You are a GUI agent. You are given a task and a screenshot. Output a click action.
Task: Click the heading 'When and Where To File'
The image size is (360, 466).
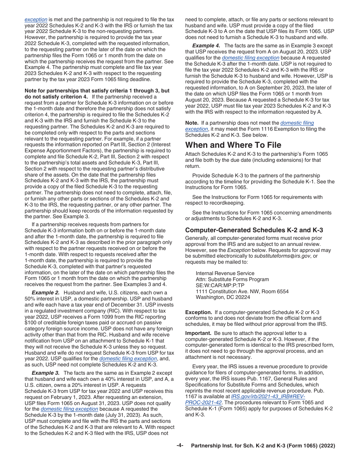point(233,145)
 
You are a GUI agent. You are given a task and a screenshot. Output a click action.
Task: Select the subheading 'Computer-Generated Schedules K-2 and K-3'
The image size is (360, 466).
point(254,230)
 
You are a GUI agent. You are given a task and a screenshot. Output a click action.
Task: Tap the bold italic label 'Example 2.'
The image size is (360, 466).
point(45,292)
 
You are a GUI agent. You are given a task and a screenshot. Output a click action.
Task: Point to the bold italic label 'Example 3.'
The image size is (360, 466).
point(45,373)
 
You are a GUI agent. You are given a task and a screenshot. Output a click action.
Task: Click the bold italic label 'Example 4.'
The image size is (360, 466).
point(206,45)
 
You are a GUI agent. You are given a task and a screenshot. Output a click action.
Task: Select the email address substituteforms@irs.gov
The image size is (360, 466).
point(280,256)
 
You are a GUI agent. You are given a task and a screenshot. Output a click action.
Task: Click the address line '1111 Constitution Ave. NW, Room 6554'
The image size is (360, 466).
point(242,291)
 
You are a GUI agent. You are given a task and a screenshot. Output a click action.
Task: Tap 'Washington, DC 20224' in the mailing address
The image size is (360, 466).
point(223,297)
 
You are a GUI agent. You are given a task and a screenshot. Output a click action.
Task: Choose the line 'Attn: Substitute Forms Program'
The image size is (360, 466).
point(232,279)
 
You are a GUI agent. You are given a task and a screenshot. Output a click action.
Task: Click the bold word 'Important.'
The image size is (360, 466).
point(198,333)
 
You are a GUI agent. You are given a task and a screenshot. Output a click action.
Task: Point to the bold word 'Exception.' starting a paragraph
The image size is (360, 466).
point(199,312)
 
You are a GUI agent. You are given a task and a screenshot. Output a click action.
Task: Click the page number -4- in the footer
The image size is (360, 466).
point(180,446)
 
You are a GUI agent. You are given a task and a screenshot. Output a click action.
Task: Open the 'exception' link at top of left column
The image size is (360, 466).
point(36,20)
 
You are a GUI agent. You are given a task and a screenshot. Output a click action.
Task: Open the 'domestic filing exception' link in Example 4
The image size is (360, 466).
point(250,58)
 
